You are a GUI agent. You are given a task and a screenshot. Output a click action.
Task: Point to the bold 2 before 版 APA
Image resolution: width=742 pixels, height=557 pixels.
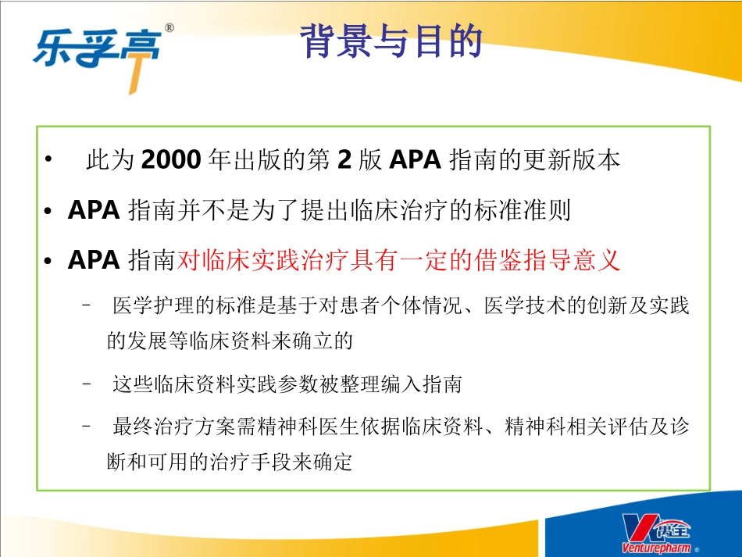(x=344, y=160)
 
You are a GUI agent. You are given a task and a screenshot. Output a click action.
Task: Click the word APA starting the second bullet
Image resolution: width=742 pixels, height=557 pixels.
(x=93, y=210)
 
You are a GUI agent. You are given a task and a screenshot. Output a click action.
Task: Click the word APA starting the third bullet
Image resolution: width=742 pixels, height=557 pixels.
(x=93, y=260)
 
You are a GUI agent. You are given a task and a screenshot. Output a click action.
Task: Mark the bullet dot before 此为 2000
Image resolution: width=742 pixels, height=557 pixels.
(x=49, y=161)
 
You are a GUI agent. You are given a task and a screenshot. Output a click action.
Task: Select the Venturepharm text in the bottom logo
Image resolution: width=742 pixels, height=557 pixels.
(x=655, y=548)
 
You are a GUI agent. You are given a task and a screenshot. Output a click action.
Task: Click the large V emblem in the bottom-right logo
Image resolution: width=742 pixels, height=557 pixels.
(x=637, y=527)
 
